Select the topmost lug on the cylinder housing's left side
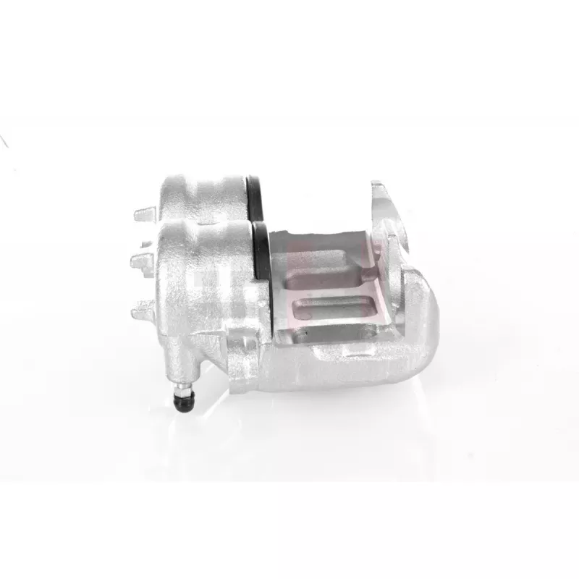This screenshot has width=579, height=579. point(145,216)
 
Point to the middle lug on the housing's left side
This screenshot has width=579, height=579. point(142,260)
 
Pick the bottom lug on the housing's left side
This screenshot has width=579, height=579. point(143,311)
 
